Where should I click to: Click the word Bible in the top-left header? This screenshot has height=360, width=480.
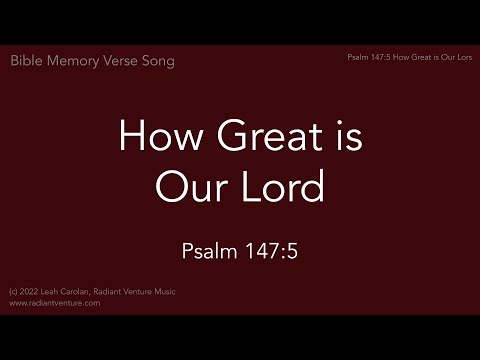click(27, 61)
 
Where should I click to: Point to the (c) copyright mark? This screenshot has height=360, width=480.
click(12, 292)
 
